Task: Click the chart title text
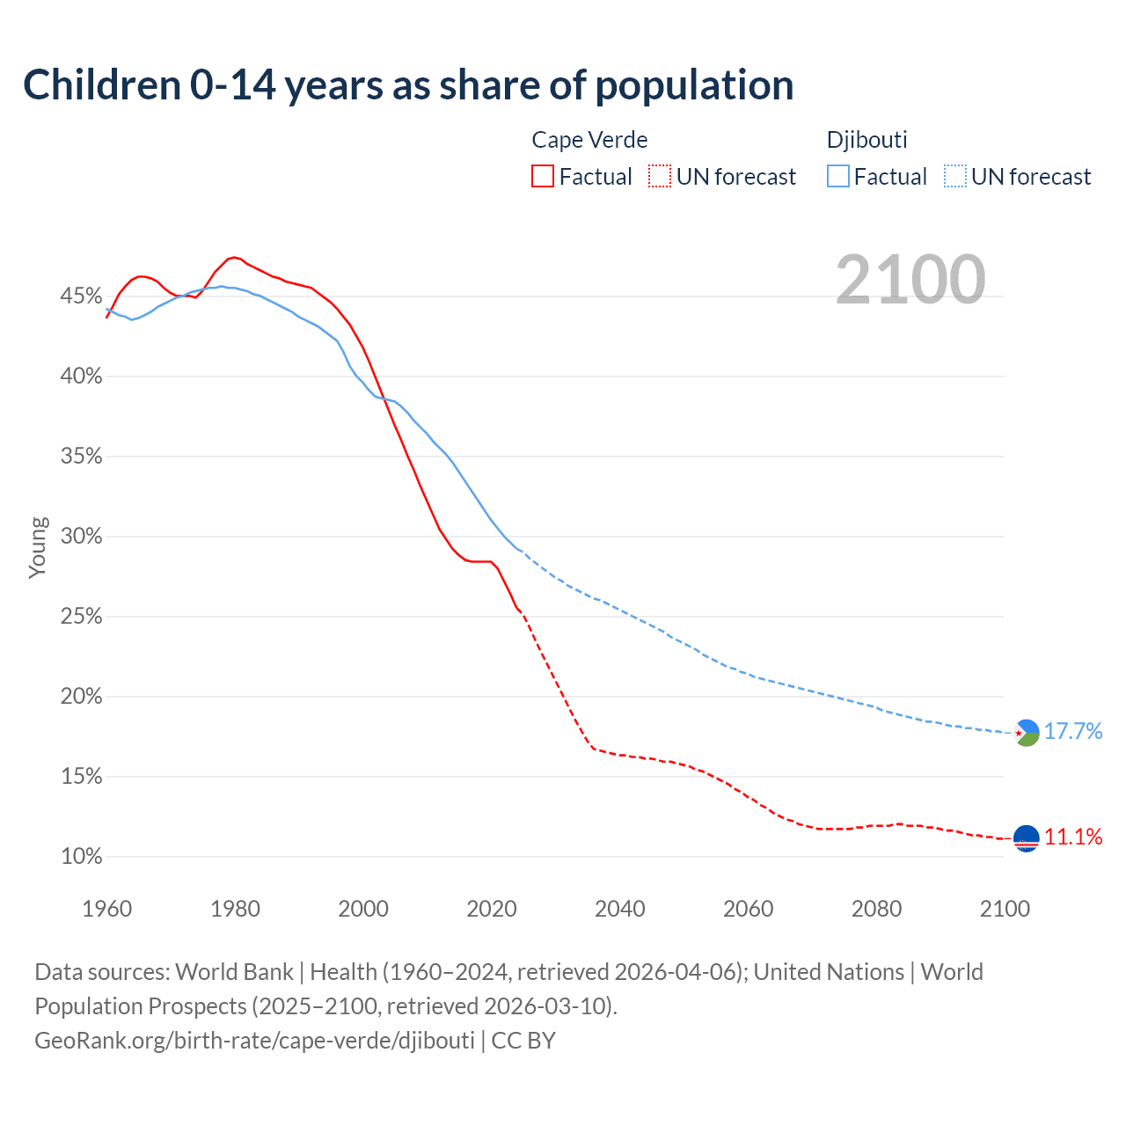408,85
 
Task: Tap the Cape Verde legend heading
589,140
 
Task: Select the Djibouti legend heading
866,140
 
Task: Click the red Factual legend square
543,177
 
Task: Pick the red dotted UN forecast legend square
660,177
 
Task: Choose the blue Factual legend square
838,177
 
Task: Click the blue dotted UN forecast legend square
955,177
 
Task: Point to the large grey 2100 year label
910,280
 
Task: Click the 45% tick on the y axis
81,296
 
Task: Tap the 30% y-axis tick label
81,537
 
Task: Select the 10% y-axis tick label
81,857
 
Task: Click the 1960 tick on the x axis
107,909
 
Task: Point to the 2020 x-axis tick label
492,909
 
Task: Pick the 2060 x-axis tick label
748,909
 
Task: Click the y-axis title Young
38,548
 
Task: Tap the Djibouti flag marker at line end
1027,732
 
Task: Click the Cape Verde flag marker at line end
1027,838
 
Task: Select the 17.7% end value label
1073,732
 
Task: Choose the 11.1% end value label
1073,837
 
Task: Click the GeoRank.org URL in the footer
254,1041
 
